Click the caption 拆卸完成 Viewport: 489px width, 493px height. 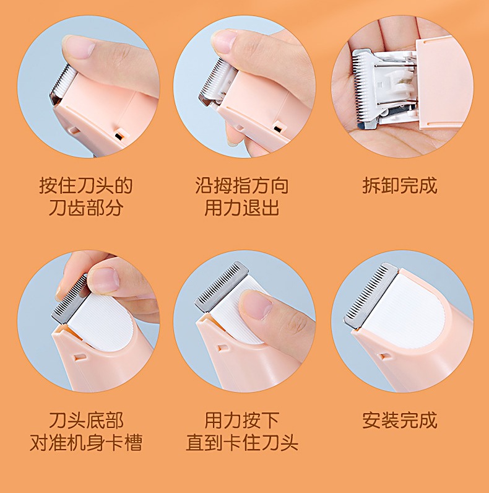click(x=399, y=186)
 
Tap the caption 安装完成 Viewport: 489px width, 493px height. click(x=399, y=420)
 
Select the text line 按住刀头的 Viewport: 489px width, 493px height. click(x=86, y=186)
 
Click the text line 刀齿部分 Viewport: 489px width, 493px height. click(x=86, y=207)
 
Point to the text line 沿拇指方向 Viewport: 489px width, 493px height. click(x=241, y=186)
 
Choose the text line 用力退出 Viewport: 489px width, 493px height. click(x=241, y=207)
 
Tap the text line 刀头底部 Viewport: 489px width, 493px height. click(x=86, y=420)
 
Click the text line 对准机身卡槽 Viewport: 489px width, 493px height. click(x=86, y=442)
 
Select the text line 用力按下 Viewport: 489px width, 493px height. click(x=241, y=420)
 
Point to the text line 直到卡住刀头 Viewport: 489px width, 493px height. click(x=241, y=442)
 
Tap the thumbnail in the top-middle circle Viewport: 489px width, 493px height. click(x=225, y=41)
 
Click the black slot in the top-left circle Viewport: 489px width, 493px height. click(x=118, y=136)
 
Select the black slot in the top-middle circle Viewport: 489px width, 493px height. click(x=277, y=129)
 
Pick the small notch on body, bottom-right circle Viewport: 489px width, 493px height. click(x=384, y=356)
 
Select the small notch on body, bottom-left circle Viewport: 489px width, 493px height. click(x=79, y=357)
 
